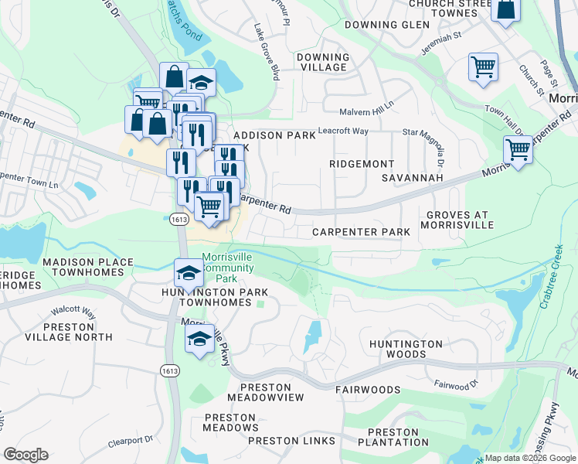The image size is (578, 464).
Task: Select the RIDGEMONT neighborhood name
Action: click(x=362, y=164)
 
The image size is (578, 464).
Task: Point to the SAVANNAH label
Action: click(x=412, y=178)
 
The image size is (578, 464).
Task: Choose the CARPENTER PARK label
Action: click(x=361, y=232)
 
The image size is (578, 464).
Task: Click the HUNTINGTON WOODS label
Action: click(x=406, y=349)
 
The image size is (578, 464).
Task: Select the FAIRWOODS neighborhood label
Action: click(x=368, y=390)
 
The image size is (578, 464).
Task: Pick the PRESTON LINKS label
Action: click(x=292, y=441)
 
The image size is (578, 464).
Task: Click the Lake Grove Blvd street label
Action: click(x=266, y=52)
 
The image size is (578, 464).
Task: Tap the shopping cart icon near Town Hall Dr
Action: click(x=483, y=67)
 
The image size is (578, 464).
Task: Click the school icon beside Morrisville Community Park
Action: click(x=188, y=273)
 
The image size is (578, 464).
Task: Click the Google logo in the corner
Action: click(x=25, y=455)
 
